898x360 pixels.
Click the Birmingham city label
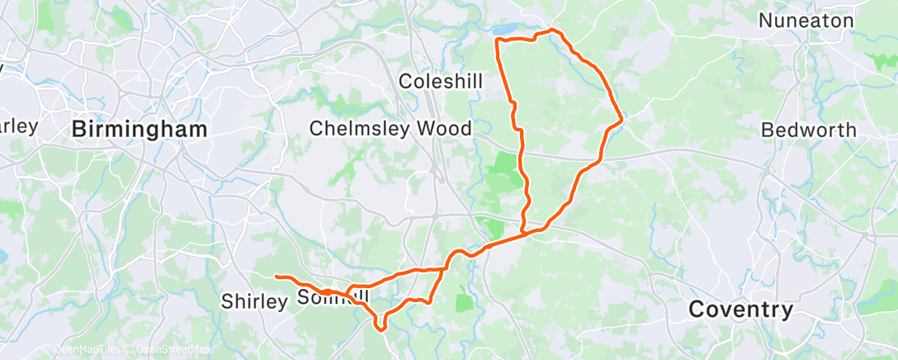coord(139,129)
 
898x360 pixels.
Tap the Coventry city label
coord(740,310)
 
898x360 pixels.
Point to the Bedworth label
coord(808,130)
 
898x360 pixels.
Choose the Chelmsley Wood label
coord(390,129)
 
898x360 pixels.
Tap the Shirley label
coord(253,301)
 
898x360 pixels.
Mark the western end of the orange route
coord(276,276)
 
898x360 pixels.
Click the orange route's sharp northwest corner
coord(495,39)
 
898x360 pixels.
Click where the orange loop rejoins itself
coord(523,234)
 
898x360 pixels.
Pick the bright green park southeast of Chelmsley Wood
coord(503,174)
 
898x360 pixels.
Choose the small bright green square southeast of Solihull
coord(465,302)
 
